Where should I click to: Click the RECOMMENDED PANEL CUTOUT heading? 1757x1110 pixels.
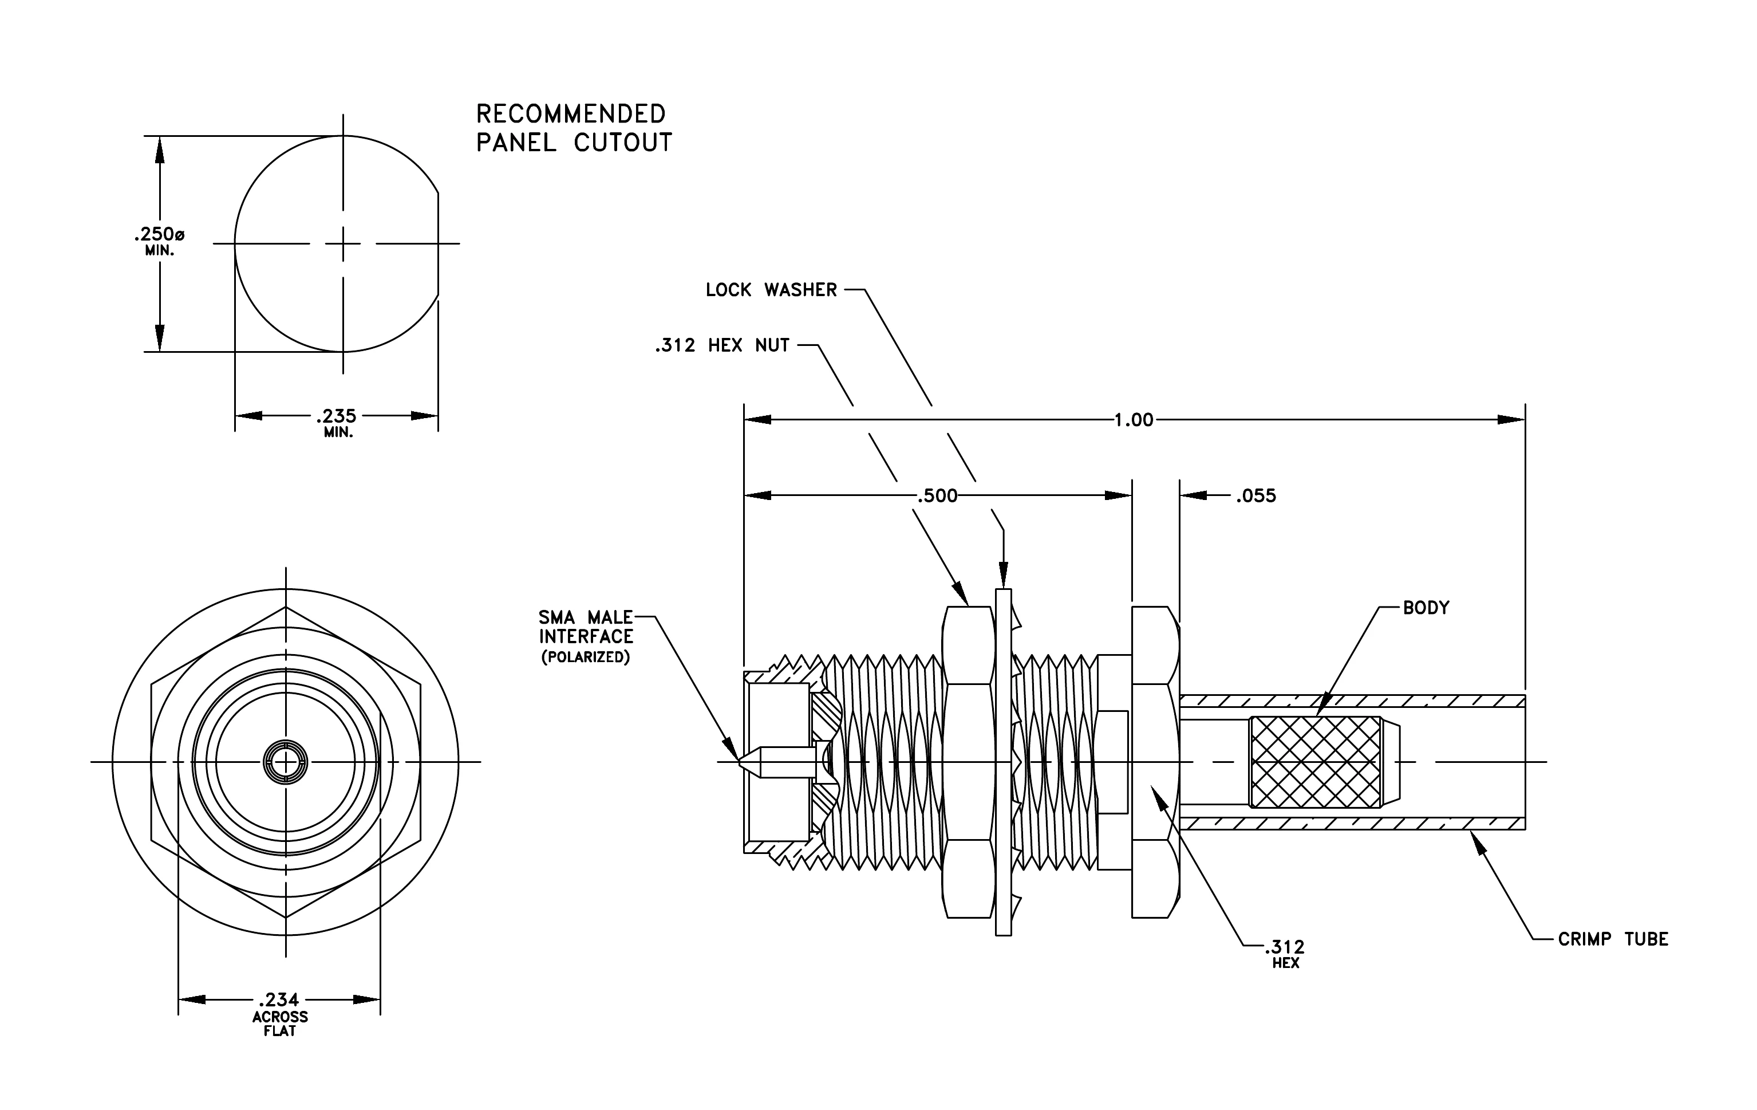point(574,128)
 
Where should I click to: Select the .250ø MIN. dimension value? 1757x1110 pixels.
point(159,240)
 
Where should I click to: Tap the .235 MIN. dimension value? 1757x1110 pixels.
point(337,422)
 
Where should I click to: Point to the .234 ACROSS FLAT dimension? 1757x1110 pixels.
point(279,1014)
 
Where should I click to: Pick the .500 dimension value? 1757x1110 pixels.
point(937,495)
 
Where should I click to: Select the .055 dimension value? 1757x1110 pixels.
point(1255,495)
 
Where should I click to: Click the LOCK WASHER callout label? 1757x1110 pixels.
point(771,290)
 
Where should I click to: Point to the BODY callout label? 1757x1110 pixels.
point(1426,607)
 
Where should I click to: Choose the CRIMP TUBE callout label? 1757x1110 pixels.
point(1613,939)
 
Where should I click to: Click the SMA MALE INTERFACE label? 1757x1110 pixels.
point(586,627)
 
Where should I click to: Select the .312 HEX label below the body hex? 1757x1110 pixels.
point(1285,954)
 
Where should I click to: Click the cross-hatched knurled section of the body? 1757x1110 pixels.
point(1316,762)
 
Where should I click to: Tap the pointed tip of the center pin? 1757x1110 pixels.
point(739,762)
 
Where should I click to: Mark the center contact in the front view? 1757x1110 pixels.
point(285,762)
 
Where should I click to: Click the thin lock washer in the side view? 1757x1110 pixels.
point(1003,762)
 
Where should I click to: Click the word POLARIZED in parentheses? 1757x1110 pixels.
point(585,657)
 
